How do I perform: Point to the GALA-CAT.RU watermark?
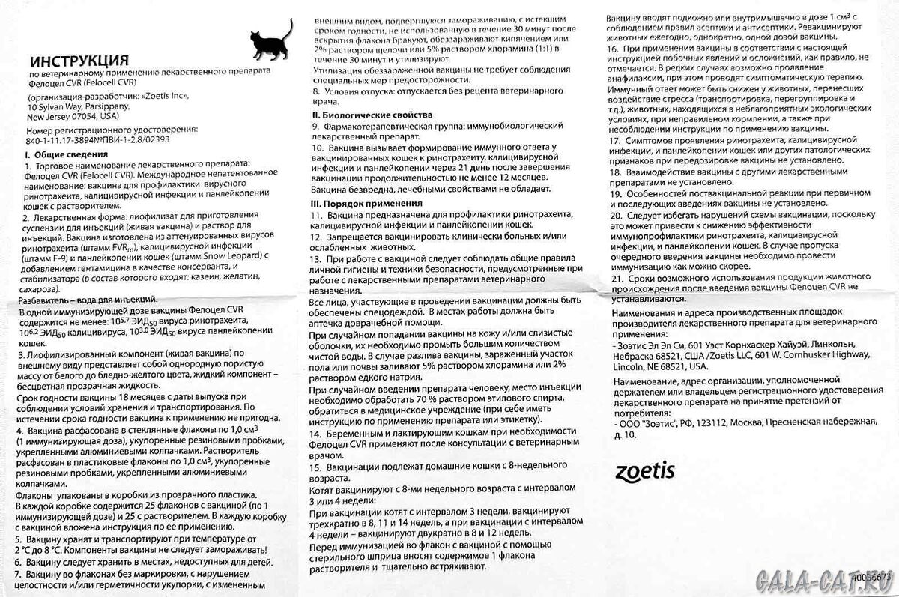(817, 579)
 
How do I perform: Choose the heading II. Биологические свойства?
(372, 115)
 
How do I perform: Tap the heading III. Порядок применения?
(366, 203)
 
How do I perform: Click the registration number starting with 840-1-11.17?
(98, 139)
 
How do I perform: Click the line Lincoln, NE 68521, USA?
(659, 367)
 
